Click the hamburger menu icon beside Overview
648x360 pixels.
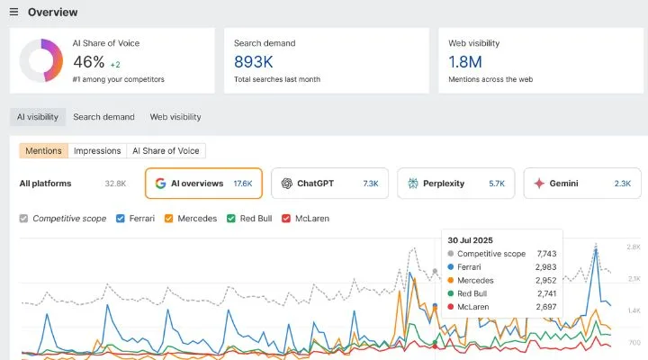click(x=13, y=13)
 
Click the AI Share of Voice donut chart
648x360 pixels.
click(x=40, y=60)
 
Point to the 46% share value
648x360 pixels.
click(x=88, y=63)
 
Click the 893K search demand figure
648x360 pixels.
click(x=254, y=62)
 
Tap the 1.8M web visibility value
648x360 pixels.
click(x=466, y=62)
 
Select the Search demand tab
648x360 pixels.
click(x=103, y=117)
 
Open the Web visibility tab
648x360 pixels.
click(x=175, y=117)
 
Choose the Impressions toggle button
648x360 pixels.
click(x=97, y=151)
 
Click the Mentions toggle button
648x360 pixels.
click(x=44, y=151)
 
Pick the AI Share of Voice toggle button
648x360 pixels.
click(x=166, y=151)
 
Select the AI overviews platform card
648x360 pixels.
click(x=203, y=183)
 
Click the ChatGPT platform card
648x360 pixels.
click(x=329, y=183)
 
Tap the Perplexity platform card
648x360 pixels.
click(x=455, y=183)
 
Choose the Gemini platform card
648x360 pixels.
click(x=581, y=183)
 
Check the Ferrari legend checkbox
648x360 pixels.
click(x=121, y=219)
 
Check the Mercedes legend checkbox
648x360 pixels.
click(x=168, y=219)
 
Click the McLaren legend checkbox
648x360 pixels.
click(x=286, y=219)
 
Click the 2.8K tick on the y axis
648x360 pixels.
click(x=634, y=247)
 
